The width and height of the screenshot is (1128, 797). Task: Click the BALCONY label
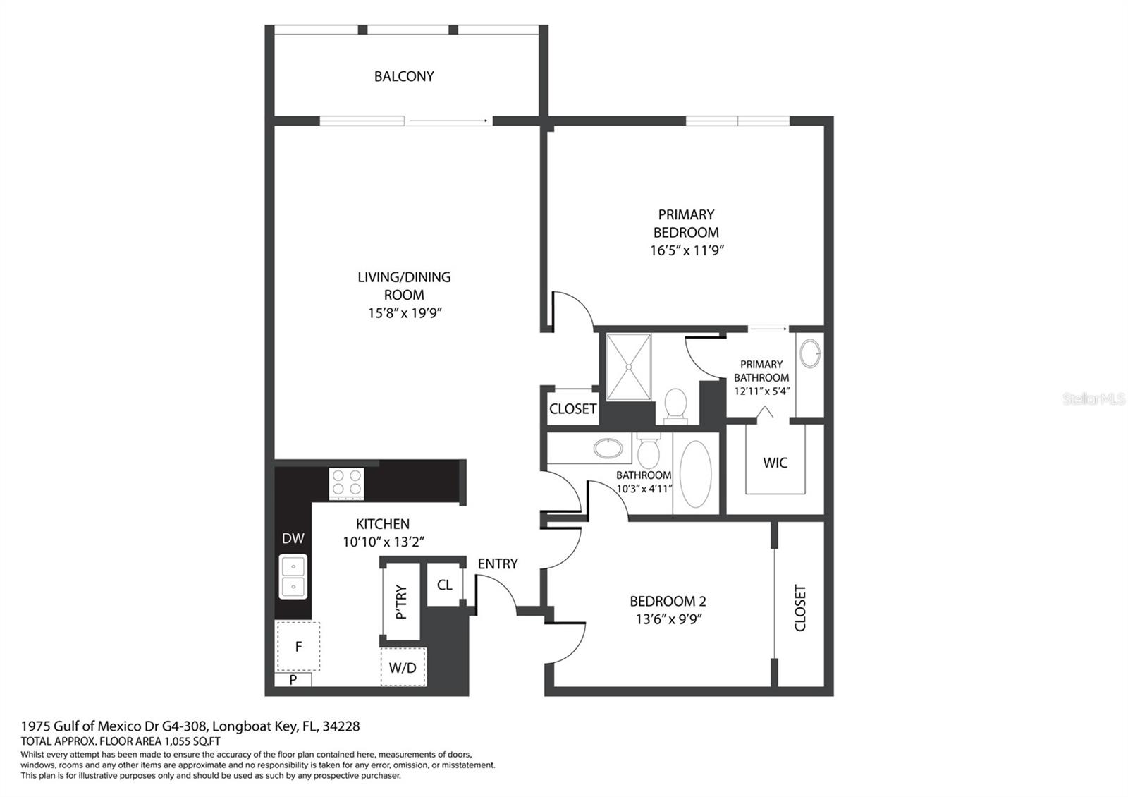click(x=404, y=77)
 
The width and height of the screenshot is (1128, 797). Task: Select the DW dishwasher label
click(x=293, y=539)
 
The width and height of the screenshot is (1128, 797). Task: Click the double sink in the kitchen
click(x=293, y=576)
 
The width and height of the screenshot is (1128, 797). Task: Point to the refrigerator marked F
click(x=298, y=646)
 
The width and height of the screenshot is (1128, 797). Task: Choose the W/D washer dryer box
click(x=403, y=667)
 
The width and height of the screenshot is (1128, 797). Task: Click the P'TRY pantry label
click(x=401, y=602)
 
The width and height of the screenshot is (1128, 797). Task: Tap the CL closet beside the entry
click(x=445, y=585)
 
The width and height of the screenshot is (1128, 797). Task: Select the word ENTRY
click(x=498, y=564)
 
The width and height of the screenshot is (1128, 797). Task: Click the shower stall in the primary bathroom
click(x=629, y=367)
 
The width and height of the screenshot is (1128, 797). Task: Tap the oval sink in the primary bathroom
click(x=810, y=353)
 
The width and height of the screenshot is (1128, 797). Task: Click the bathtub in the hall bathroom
click(x=695, y=474)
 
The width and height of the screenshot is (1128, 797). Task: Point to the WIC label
click(x=775, y=463)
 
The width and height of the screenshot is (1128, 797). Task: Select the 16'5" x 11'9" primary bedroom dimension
click(x=687, y=250)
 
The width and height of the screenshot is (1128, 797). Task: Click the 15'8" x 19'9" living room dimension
click(x=405, y=313)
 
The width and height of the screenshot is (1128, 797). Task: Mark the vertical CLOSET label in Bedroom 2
click(x=800, y=607)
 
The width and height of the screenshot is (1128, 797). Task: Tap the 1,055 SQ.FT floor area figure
click(x=192, y=741)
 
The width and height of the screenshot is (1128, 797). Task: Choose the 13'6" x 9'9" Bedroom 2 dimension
click(x=668, y=619)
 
